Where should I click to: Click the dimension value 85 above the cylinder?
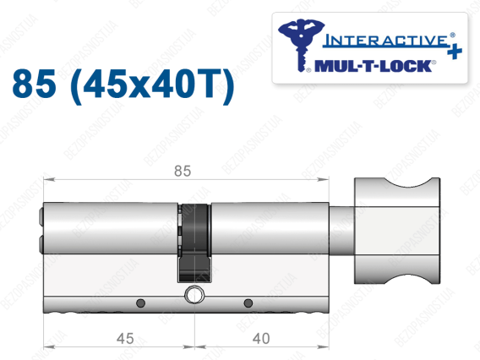[x=183, y=171]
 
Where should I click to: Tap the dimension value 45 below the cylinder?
[x=125, y=339]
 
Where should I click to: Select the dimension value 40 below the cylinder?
[x=261, y=339]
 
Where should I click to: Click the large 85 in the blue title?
[x=35, y=84]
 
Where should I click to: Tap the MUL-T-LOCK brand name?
[x=373, y=66]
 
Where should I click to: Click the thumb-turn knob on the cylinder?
[x=397, y=231]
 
